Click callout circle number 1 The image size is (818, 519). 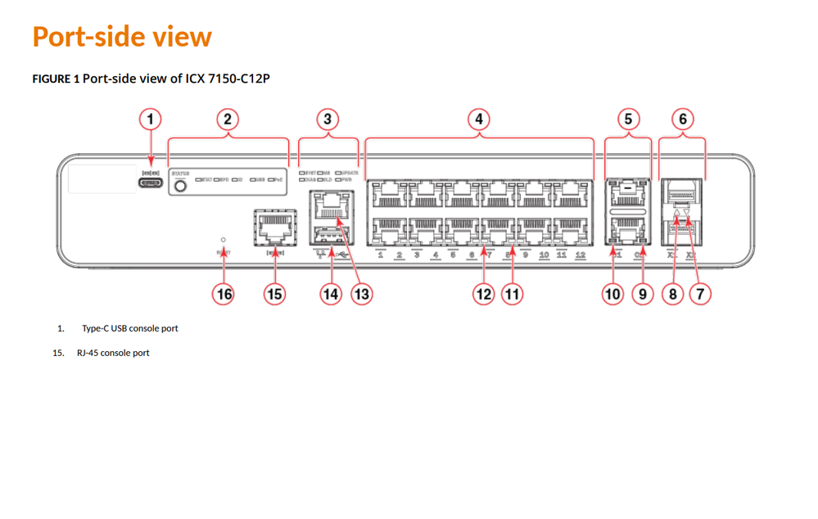(150, 120)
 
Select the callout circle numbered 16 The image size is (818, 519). (224, 293)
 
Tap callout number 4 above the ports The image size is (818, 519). (479, 120)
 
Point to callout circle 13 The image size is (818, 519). (361, 293)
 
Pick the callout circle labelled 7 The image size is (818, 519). (700, 293)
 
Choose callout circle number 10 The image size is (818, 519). (613, 293)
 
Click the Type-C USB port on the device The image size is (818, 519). (151, 183)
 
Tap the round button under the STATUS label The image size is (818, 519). (181, 186)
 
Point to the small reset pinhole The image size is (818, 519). (224, 240)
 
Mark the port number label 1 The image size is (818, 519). (381, 255)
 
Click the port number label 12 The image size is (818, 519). (581, 255)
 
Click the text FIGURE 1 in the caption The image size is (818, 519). (56, 79)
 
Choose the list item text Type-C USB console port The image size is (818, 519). (129, 328)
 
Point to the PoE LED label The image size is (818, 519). (278, 178)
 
